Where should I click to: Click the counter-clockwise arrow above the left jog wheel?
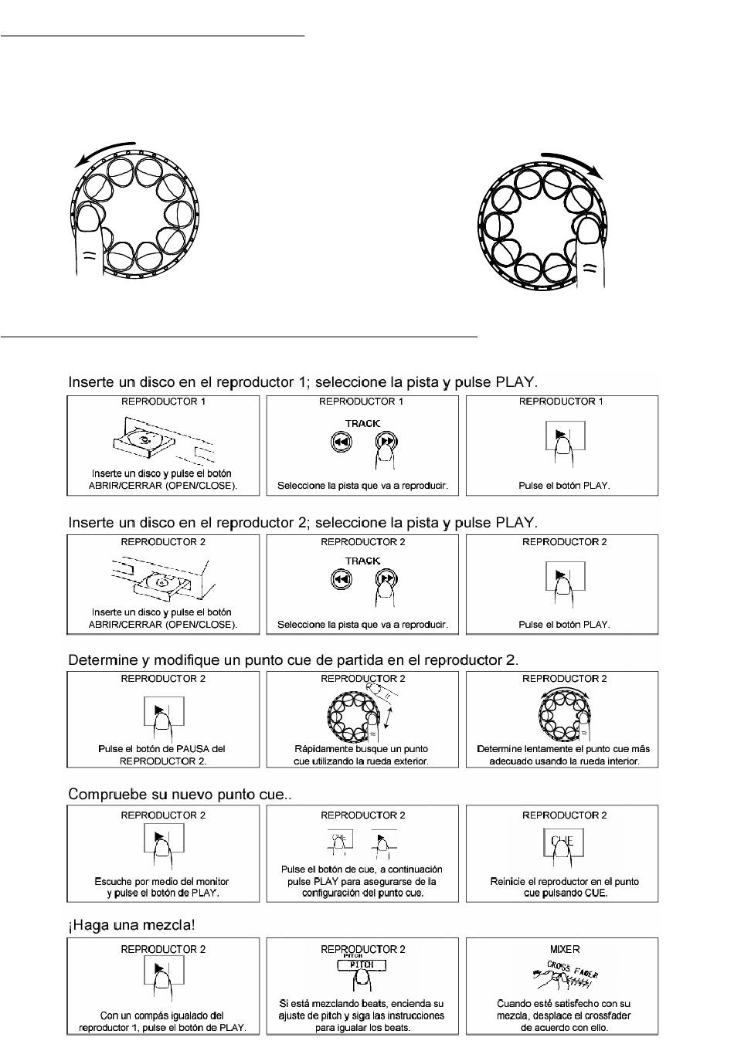click(104, 151)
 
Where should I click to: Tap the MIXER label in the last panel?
click(565, 949)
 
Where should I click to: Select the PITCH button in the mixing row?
click(362, 965)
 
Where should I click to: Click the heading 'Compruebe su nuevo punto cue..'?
click(180, 794)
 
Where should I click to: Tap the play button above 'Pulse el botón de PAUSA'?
click(163, 711)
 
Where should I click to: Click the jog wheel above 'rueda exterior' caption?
click(352, 715)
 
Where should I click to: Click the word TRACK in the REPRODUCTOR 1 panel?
click(362, 423)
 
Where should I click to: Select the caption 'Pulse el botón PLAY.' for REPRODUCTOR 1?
click(564, 486)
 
